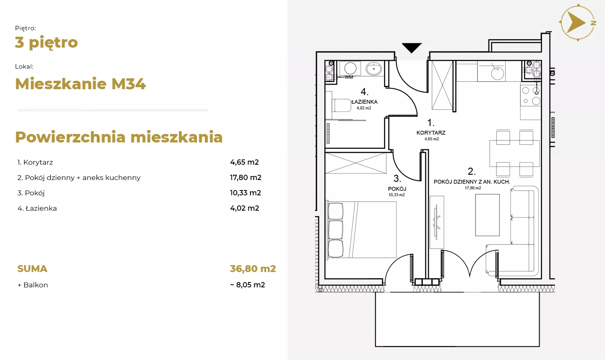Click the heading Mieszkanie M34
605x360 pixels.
(81, 84)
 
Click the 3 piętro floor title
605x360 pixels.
(46, 43)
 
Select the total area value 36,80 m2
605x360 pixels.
(253, 269)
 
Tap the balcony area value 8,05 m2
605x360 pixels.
(250, 285)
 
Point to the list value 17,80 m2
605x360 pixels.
(246, 178)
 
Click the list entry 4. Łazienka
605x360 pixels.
(37, 208)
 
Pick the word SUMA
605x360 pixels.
(32, 269)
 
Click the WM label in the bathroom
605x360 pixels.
(349, 77)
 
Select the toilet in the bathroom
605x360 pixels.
(342, 105)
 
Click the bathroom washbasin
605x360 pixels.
(373, 69)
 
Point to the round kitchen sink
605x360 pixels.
(497, 73)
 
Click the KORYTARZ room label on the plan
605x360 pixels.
(431, 133)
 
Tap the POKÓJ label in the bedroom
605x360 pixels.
(397, 188)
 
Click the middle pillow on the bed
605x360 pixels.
(336, 230)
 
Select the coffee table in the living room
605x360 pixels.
(487, 215)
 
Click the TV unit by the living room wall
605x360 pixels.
(437, 222)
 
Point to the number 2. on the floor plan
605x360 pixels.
(471, 172)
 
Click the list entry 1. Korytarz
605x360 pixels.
(35, 162)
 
